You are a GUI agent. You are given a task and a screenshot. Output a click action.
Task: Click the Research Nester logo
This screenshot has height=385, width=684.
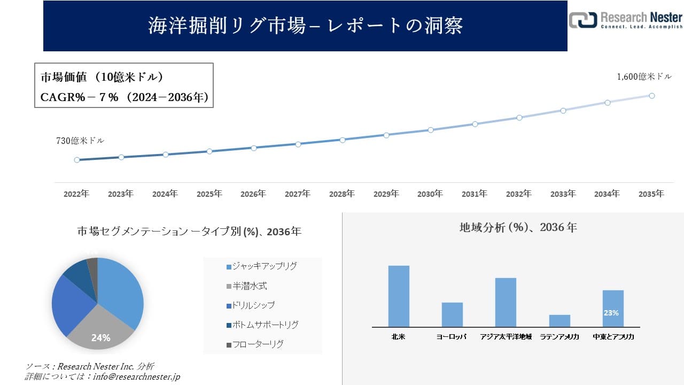point(625,20)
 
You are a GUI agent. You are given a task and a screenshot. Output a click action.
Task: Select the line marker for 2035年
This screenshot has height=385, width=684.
point(652,96)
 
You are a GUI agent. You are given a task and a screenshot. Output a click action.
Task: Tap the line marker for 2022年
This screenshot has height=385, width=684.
point(77,160)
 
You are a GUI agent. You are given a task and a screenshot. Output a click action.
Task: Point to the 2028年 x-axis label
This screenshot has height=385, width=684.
point(341,194)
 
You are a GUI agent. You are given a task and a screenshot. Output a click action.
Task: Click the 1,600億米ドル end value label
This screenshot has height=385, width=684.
point(644,77)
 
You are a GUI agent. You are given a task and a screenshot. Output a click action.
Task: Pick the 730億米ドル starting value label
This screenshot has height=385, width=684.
point(80,141)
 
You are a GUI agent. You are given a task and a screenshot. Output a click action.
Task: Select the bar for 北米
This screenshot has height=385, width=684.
point(399,296)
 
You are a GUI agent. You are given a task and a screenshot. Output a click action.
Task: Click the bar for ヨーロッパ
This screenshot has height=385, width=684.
point(452,314)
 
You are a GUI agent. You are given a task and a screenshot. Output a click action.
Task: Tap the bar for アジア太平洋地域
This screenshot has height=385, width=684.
point(506,302)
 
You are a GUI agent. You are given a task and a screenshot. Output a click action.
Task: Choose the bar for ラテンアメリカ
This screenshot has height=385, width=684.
point(559,321)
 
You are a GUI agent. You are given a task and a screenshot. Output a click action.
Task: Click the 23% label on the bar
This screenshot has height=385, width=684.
point(611,313)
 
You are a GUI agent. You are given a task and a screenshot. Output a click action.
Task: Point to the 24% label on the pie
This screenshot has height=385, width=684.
point(100,338)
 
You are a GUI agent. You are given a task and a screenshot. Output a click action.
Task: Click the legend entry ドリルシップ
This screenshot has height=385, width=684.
point(251,305)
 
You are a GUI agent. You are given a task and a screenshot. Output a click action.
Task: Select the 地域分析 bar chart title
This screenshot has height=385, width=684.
point(518,227)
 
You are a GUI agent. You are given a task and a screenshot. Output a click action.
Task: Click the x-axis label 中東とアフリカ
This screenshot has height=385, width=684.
point(613,337)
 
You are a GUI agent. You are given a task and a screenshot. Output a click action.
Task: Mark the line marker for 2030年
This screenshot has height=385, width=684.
point(430,130)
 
